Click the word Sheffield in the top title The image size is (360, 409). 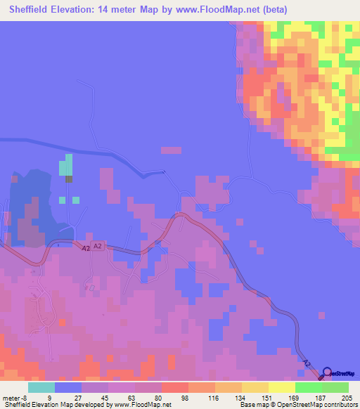click(x=33, y=10)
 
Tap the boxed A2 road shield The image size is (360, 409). click(x=98, y=247)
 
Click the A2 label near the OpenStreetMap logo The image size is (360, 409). click(x=306, y=363)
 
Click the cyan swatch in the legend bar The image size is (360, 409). click(x=41, y=387)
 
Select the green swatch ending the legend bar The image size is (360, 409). click(x=335, y=387)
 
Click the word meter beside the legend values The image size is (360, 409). click(x=11, y=397)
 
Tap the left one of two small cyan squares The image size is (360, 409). click(x=63, y=200)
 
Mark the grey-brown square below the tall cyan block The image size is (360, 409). click(x=69, y=178)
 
